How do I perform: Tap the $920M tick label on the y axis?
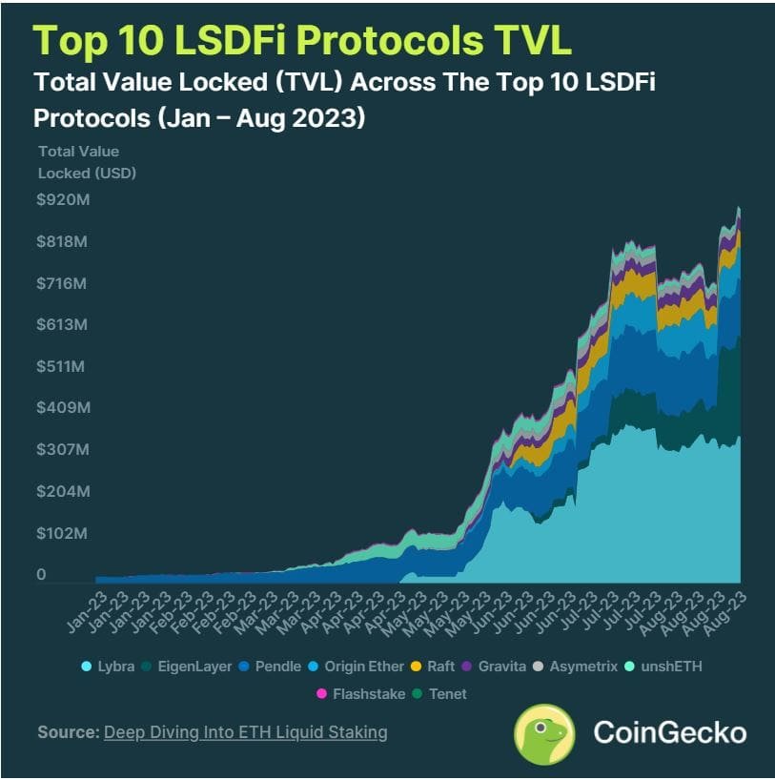click(62, 200)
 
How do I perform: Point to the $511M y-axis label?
click(62, 366)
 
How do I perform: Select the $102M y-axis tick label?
click(62, 533)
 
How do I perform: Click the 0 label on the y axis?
click(41, 574)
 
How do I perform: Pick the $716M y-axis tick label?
click(62, 283)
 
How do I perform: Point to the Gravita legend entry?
click(493, 666)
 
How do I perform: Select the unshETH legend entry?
click(664, 666)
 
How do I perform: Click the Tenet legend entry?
click(438, 693)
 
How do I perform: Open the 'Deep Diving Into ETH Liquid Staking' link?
click(245, 732)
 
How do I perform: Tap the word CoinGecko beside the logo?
click(669, 732)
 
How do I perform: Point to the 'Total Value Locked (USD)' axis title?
click(87, 162)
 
